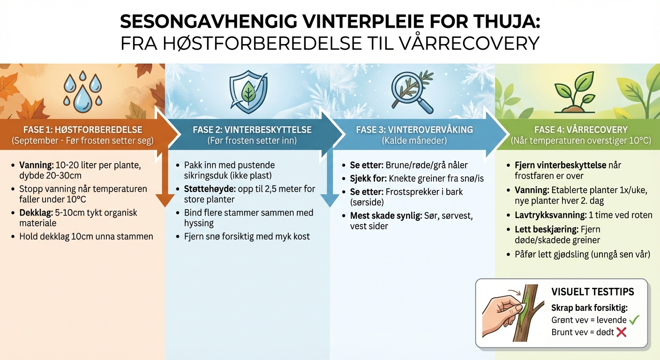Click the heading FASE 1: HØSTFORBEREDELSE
pos(83,130)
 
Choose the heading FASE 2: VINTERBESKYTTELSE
pos(252,130)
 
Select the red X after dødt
pos(622,332)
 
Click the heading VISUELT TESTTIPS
pos(592,292)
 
